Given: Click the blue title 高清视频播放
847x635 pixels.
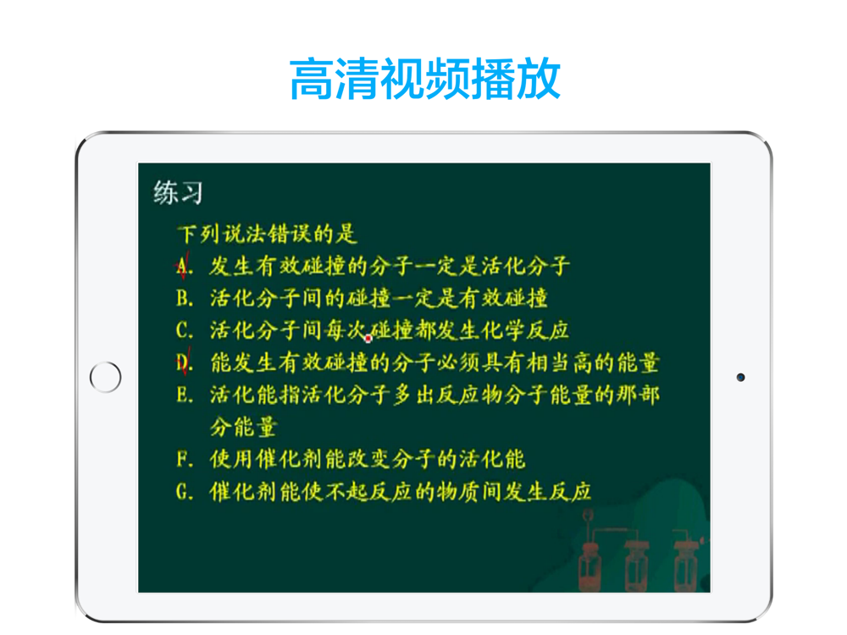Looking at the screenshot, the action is pos(425,79).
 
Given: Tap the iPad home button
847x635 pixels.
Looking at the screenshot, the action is pos(105,377).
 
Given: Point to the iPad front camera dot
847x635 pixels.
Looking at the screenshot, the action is pos(740,378).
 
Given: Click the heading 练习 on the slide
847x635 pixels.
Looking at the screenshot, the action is pos(178,193).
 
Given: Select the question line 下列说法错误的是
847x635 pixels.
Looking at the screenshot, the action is pos(267,234).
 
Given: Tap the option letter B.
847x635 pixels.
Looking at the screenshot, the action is pos(184,298).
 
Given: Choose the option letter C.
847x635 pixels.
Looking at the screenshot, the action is pos(184,330).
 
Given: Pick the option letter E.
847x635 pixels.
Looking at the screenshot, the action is pos(184,395).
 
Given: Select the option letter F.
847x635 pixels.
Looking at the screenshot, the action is pos(184,460).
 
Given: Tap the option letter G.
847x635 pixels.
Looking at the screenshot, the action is pos(184,492).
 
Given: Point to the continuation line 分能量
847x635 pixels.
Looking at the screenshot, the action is pos(244,427).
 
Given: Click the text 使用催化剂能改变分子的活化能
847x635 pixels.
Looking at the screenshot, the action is pos(368,460).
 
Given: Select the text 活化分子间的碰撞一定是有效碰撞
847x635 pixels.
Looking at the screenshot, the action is pos(379,298).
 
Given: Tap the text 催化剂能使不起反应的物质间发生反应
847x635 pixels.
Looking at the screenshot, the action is pos(401,492).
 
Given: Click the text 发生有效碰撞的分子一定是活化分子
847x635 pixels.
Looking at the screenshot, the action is pos(390,266).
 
